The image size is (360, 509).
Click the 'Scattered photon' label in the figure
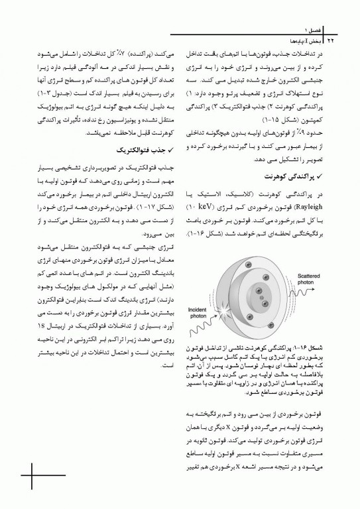pos(310,260)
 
